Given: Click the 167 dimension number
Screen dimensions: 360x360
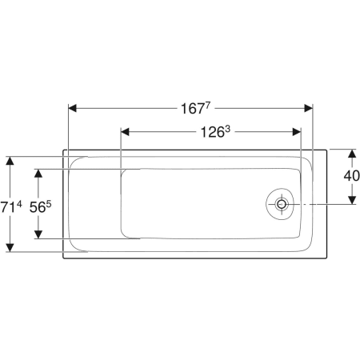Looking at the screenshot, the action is [192, 109].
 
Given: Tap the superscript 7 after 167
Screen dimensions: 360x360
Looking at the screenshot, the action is [208, 106].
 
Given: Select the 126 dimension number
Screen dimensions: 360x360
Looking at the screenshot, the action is [212, 132].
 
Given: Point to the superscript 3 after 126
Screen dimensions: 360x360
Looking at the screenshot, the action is [227, 130].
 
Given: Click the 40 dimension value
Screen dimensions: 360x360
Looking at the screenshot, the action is [351, 176].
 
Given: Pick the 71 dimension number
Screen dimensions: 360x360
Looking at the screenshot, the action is [7, 207].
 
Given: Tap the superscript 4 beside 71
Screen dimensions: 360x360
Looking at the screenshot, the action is [19, 205].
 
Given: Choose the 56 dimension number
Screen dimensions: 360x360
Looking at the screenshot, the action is [38, 207].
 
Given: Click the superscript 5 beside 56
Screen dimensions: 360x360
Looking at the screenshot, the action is [49, 205].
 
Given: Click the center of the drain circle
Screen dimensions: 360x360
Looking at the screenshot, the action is [281, 205].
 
